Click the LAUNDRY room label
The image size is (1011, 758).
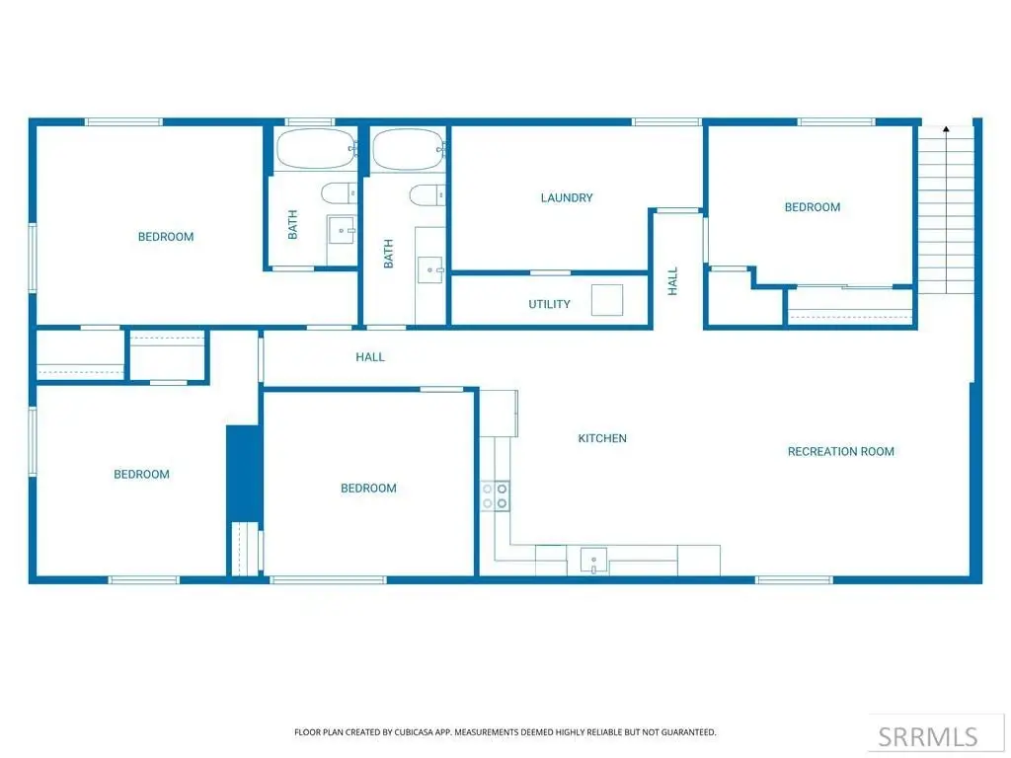[x=566, y=197]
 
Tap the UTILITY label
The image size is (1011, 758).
[x=549, y=304]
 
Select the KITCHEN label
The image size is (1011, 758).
[x=602, y=438]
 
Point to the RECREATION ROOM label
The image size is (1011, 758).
[x=841, y=452]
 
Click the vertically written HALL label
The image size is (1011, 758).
[x=673, y=281]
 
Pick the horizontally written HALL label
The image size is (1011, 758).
[x=370, y=357]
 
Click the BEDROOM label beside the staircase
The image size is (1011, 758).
[x=813, y=207]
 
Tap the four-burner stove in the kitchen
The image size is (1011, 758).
[x=495, y=496]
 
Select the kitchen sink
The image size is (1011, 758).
[x=593, y=561]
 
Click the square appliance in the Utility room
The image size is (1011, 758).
[x=607, y=300]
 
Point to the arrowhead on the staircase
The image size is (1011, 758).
[x=946, y=129]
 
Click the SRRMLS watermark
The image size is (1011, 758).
[x=928, y=736]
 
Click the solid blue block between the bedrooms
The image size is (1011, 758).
[x=244, y=474]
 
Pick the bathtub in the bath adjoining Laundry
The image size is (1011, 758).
[x=409, y=150]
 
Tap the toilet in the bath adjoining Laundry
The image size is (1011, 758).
[x=428, y=194]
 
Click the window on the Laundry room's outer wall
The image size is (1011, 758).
[x=666, y=121]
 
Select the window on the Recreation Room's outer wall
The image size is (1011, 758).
[x=794, y=580]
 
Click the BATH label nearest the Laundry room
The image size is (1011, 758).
[x=388, y=254]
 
